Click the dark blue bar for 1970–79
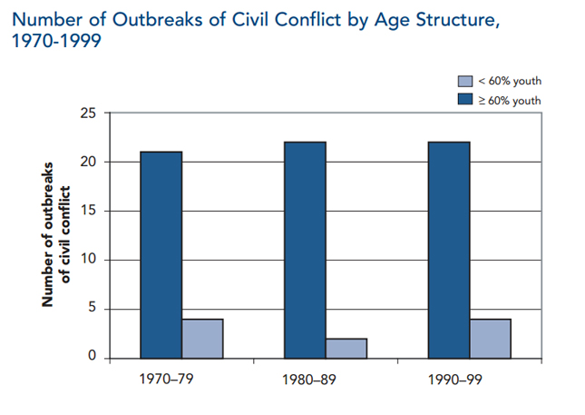[x=161, y=254]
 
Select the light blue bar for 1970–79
[x=202, y=338]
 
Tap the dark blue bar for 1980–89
[x=305, y=250]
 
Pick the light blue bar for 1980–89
[x=346, y=348]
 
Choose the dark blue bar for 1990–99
[x=449, y=250]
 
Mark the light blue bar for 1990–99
[x=491, y=338]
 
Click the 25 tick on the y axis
[x=88, y=114]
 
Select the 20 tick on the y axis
[x=88, y=163]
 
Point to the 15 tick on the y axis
[x=88, y=212]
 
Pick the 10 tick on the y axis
[x=88, y=261]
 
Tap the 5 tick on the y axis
[x=92, y=309]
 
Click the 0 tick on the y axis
[x=92, y=358]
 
